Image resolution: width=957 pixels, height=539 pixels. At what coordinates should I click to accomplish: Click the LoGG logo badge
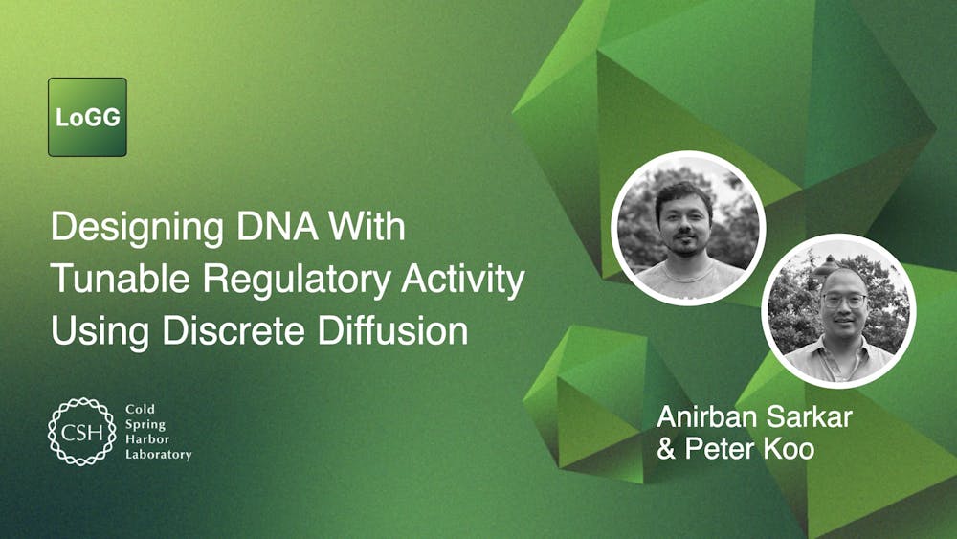coord(87,117)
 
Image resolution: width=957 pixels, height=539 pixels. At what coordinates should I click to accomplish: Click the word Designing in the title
coord(121,229)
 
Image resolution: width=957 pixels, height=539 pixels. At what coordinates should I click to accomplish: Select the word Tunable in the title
coord(108,280)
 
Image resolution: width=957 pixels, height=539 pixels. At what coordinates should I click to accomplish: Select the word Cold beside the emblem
coord(140,410)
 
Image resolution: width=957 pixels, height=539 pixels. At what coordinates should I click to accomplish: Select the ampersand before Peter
coord(666,448)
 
